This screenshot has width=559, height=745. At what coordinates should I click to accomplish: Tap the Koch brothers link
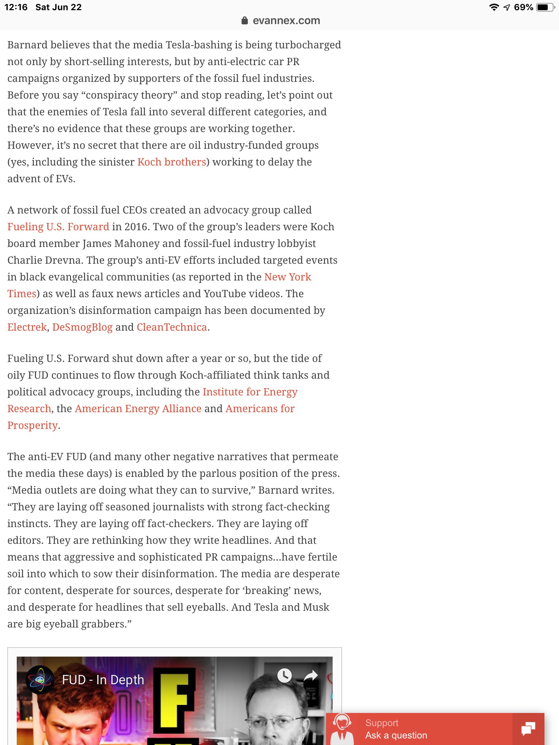(171, 162)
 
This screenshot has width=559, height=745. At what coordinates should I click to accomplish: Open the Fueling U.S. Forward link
(58, 227)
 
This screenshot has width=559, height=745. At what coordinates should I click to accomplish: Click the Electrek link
(27, 327)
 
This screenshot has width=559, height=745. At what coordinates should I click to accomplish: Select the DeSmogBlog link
(82, 327)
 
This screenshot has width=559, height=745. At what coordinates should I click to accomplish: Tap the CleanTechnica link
(172, 327)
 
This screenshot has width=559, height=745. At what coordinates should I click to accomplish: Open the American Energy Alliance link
(138, 409)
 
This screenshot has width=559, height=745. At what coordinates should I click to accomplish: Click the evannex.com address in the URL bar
(286, 21)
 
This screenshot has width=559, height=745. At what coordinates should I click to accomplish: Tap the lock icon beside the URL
(245, 21)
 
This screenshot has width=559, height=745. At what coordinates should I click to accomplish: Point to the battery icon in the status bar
(545, 7)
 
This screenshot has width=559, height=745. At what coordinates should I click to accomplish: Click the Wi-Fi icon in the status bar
(494, 7)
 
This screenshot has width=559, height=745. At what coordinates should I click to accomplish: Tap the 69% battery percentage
(523, 7)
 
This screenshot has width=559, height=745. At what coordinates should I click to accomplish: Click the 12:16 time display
(16, 7)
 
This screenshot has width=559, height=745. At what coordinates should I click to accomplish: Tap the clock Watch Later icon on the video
(285, 676)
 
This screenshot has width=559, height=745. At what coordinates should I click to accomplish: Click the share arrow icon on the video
(311, 676)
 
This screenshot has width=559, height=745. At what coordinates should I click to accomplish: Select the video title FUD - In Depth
(103, 680)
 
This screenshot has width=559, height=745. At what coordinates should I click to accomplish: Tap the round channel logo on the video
(40, 680)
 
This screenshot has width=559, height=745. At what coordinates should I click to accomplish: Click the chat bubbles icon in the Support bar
(528, 729)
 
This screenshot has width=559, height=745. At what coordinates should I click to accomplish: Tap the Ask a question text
(396, 735)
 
